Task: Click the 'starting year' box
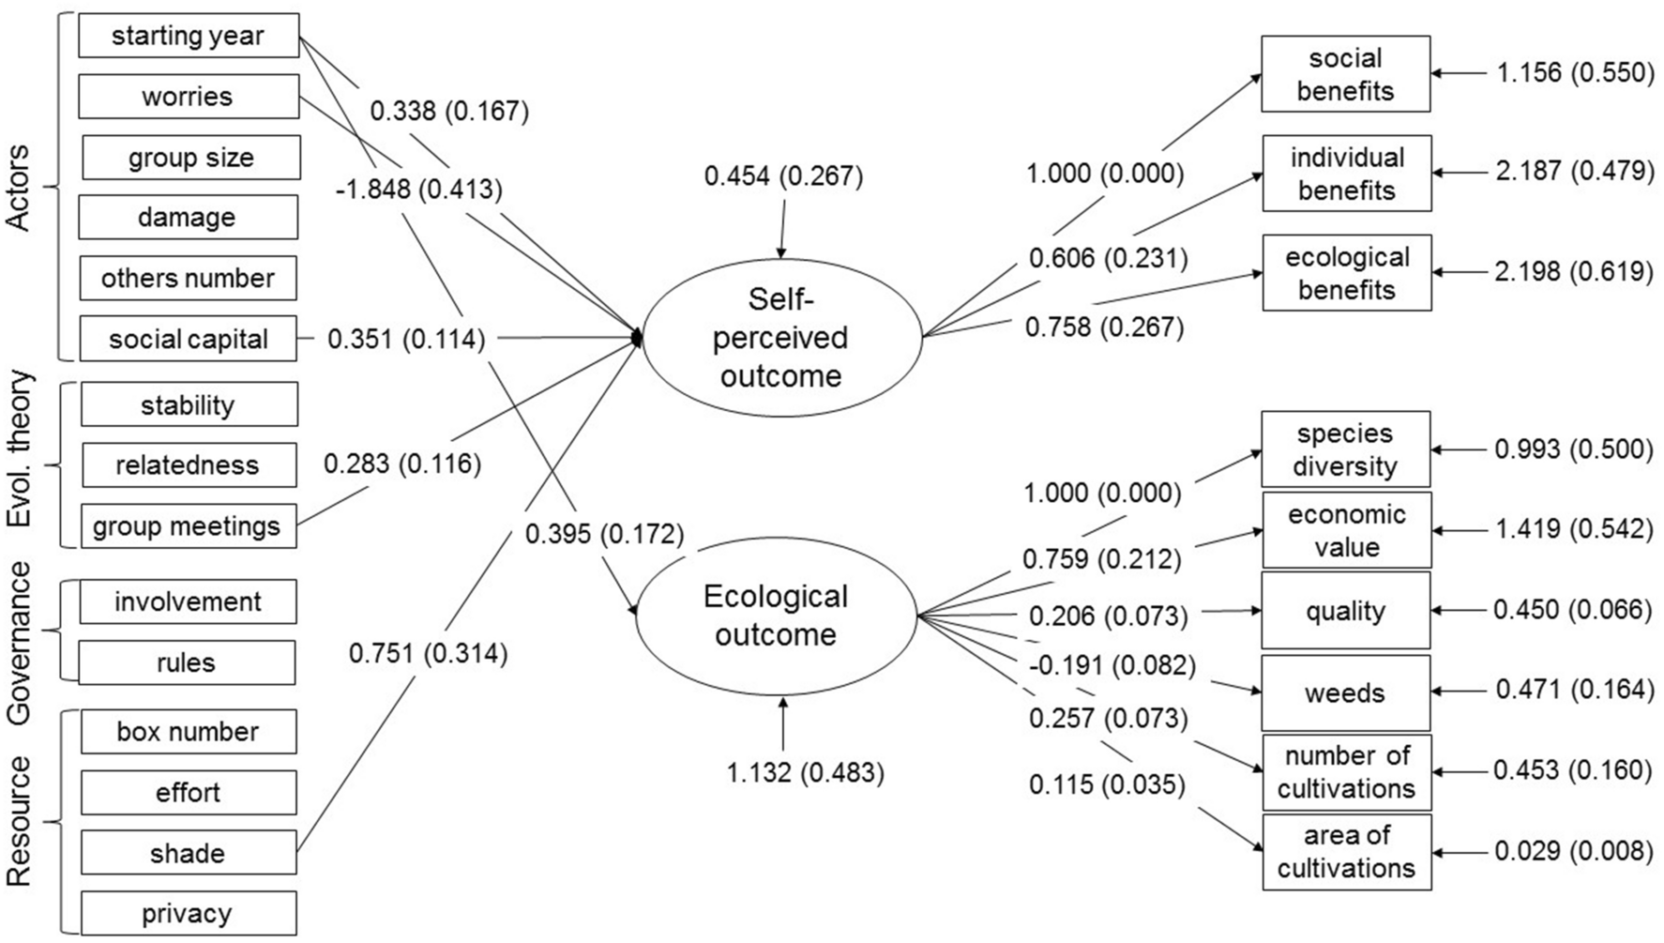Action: click(x=189, y=36)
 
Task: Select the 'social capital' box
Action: click(x=189, y=339)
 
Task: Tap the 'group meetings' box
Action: click(x=188, y=526)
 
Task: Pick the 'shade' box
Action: click(x=188, y=853)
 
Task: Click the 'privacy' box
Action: click(x=188, y=913)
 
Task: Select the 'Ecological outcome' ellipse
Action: click(x=776, y=616)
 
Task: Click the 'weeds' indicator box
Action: click(x=1345, y=693)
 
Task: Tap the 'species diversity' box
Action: click(x=1345, y=449)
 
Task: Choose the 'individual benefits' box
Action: click(x=1346, y=174)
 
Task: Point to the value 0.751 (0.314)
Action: click(x=428, y=653)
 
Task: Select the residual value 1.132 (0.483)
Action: click(x=805, y=772)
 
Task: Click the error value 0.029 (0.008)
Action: click(x=1573, y=850)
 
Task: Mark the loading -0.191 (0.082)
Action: click(x=1112, y=666)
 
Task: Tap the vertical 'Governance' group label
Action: click(x=20, y=643)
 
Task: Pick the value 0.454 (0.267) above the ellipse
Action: click(x=783, y=176)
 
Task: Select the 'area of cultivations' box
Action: click(x=1345, y=852)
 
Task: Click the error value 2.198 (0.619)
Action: click(x=1574, y=272)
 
